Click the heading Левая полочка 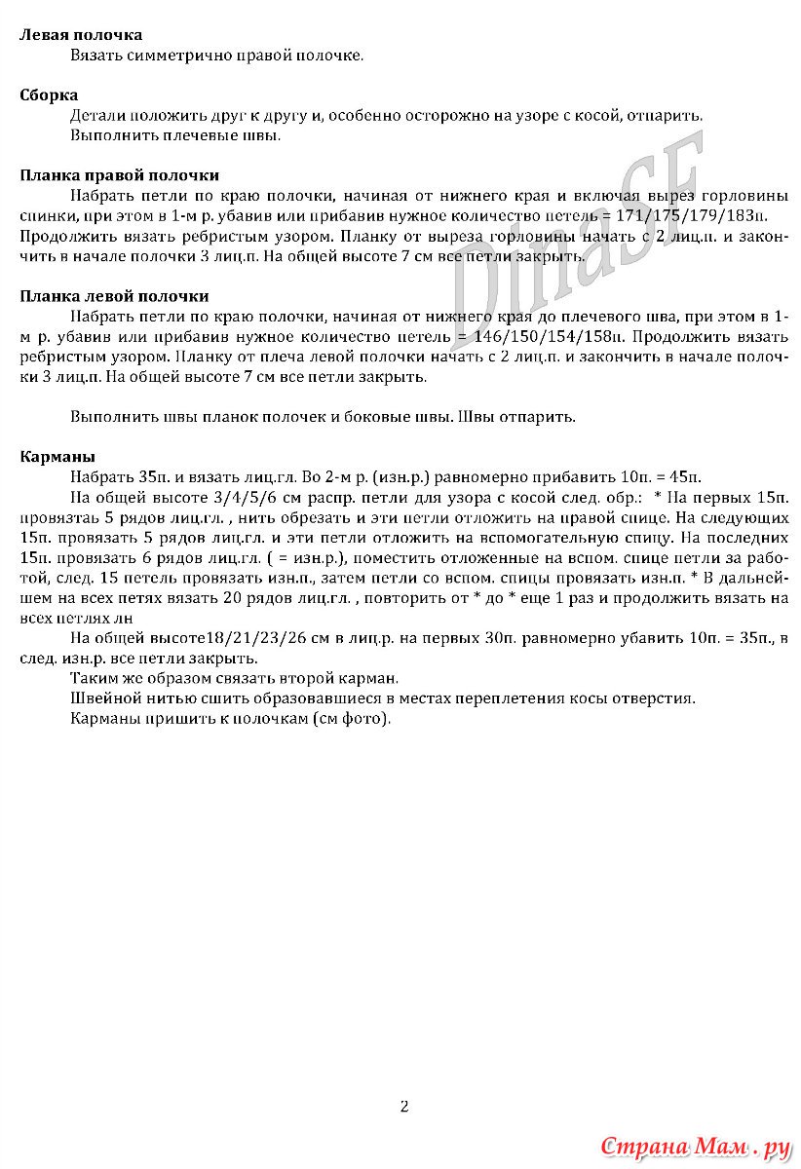(x=81, y=35)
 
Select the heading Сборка (x=49, y=94)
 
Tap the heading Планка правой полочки (x=120, y=175)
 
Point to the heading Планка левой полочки (x=115, y=296)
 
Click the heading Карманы (x=57, y=457)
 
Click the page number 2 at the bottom (x=403, y=1106)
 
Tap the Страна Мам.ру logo (x=694, y=1146)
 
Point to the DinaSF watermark (x=575, y=244)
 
